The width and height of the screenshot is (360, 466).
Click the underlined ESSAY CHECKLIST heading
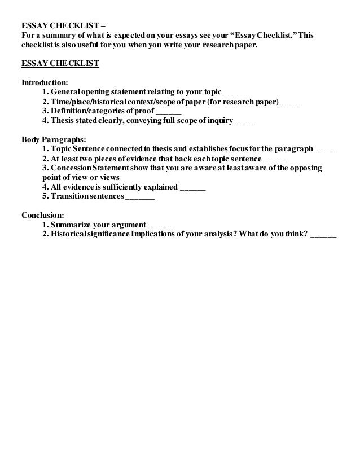pyautogui.click(x=60, y=63)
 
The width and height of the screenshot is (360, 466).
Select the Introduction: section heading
pyautogui.click(x=45, y=82)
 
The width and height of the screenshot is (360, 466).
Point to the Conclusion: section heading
pyautogui.click(x=43, y=215)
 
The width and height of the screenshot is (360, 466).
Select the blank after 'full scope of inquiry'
pyautogui.click(x=245, y=123)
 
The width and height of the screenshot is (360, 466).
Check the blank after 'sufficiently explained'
pyautogui.click(x=192, y=189)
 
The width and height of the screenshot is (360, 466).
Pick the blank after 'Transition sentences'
pyautogui.click(x=139, y=199)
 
